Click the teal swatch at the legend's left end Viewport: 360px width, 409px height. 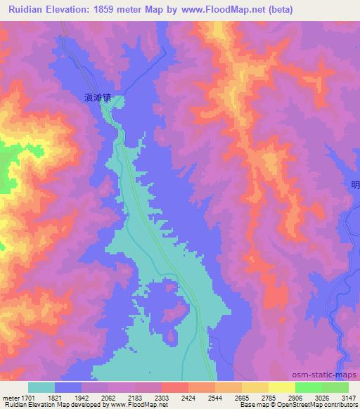point(41,387)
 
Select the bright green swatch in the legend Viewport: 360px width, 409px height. point(308,387)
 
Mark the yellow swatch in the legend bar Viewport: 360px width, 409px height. point(282,387)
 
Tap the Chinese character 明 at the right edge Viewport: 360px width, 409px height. point(355,185)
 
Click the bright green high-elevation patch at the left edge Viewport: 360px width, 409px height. point(6,172)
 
